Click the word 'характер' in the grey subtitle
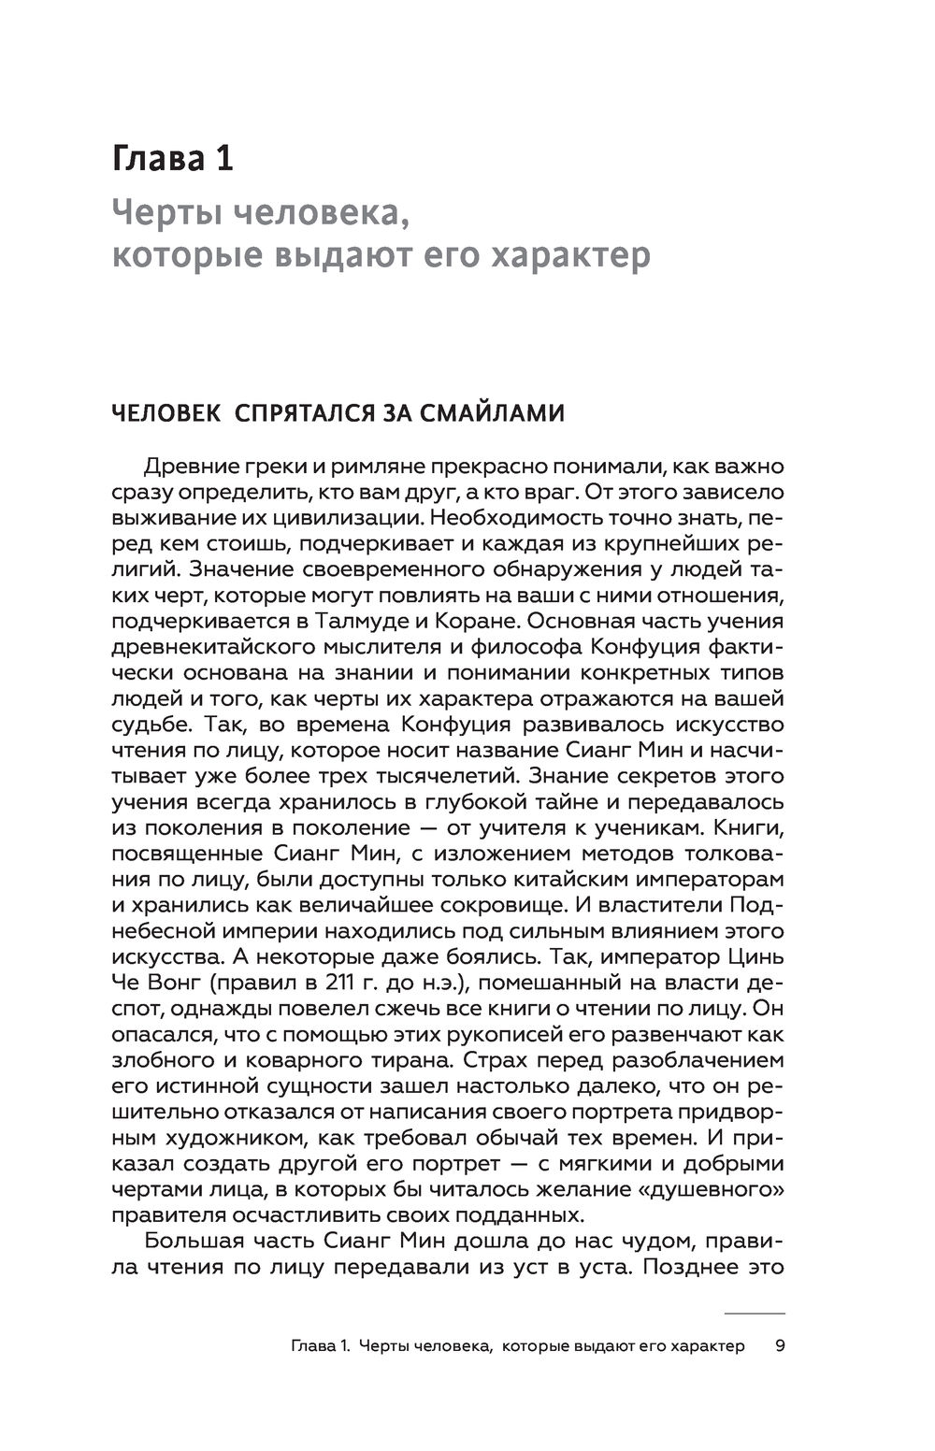(578, 255)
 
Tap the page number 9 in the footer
(779, 1346)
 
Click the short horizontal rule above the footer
(755, 1314)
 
